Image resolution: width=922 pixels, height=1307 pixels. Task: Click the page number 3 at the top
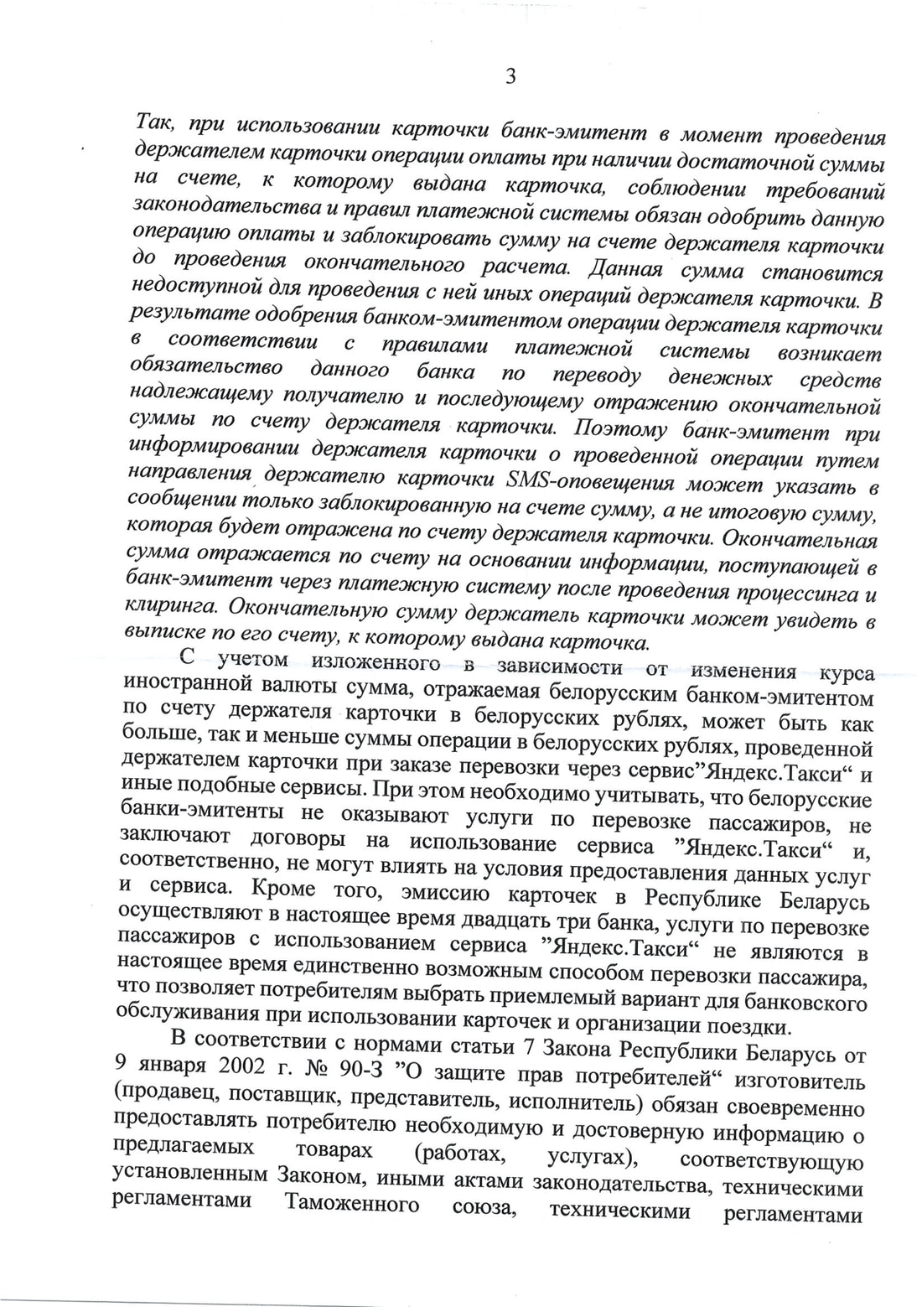click(x=510, y=77)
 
